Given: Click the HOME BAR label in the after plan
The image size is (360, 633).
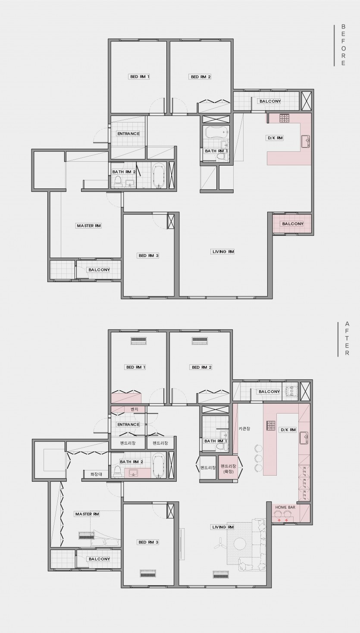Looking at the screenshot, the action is pos(285,507).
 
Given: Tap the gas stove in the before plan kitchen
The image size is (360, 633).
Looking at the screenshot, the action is pos(285,118).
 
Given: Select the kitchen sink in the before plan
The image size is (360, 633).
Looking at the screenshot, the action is pos(306,141).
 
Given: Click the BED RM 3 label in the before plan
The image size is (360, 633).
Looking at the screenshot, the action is pos(149,255).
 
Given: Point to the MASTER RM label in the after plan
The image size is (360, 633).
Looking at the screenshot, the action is pos(87,514).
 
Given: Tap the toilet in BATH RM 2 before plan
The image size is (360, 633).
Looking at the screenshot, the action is pos(118,182).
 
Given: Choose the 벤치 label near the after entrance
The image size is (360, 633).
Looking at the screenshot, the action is pos(135,409).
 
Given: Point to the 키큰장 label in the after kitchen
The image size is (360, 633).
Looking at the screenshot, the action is pos(244,429).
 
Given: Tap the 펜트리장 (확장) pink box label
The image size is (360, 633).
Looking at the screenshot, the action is pos(229,469).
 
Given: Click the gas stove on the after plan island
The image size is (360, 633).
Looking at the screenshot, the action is pos(270,425).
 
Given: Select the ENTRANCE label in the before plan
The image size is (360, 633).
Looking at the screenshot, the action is pos(128,134).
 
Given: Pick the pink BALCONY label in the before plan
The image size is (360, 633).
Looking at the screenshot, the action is pos(293,224).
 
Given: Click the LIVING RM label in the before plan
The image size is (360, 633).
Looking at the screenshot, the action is pos(223,251).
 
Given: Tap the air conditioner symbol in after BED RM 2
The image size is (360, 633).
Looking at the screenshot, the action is pos(200,341).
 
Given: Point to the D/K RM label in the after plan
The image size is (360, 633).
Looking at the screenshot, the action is pos(288,430).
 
